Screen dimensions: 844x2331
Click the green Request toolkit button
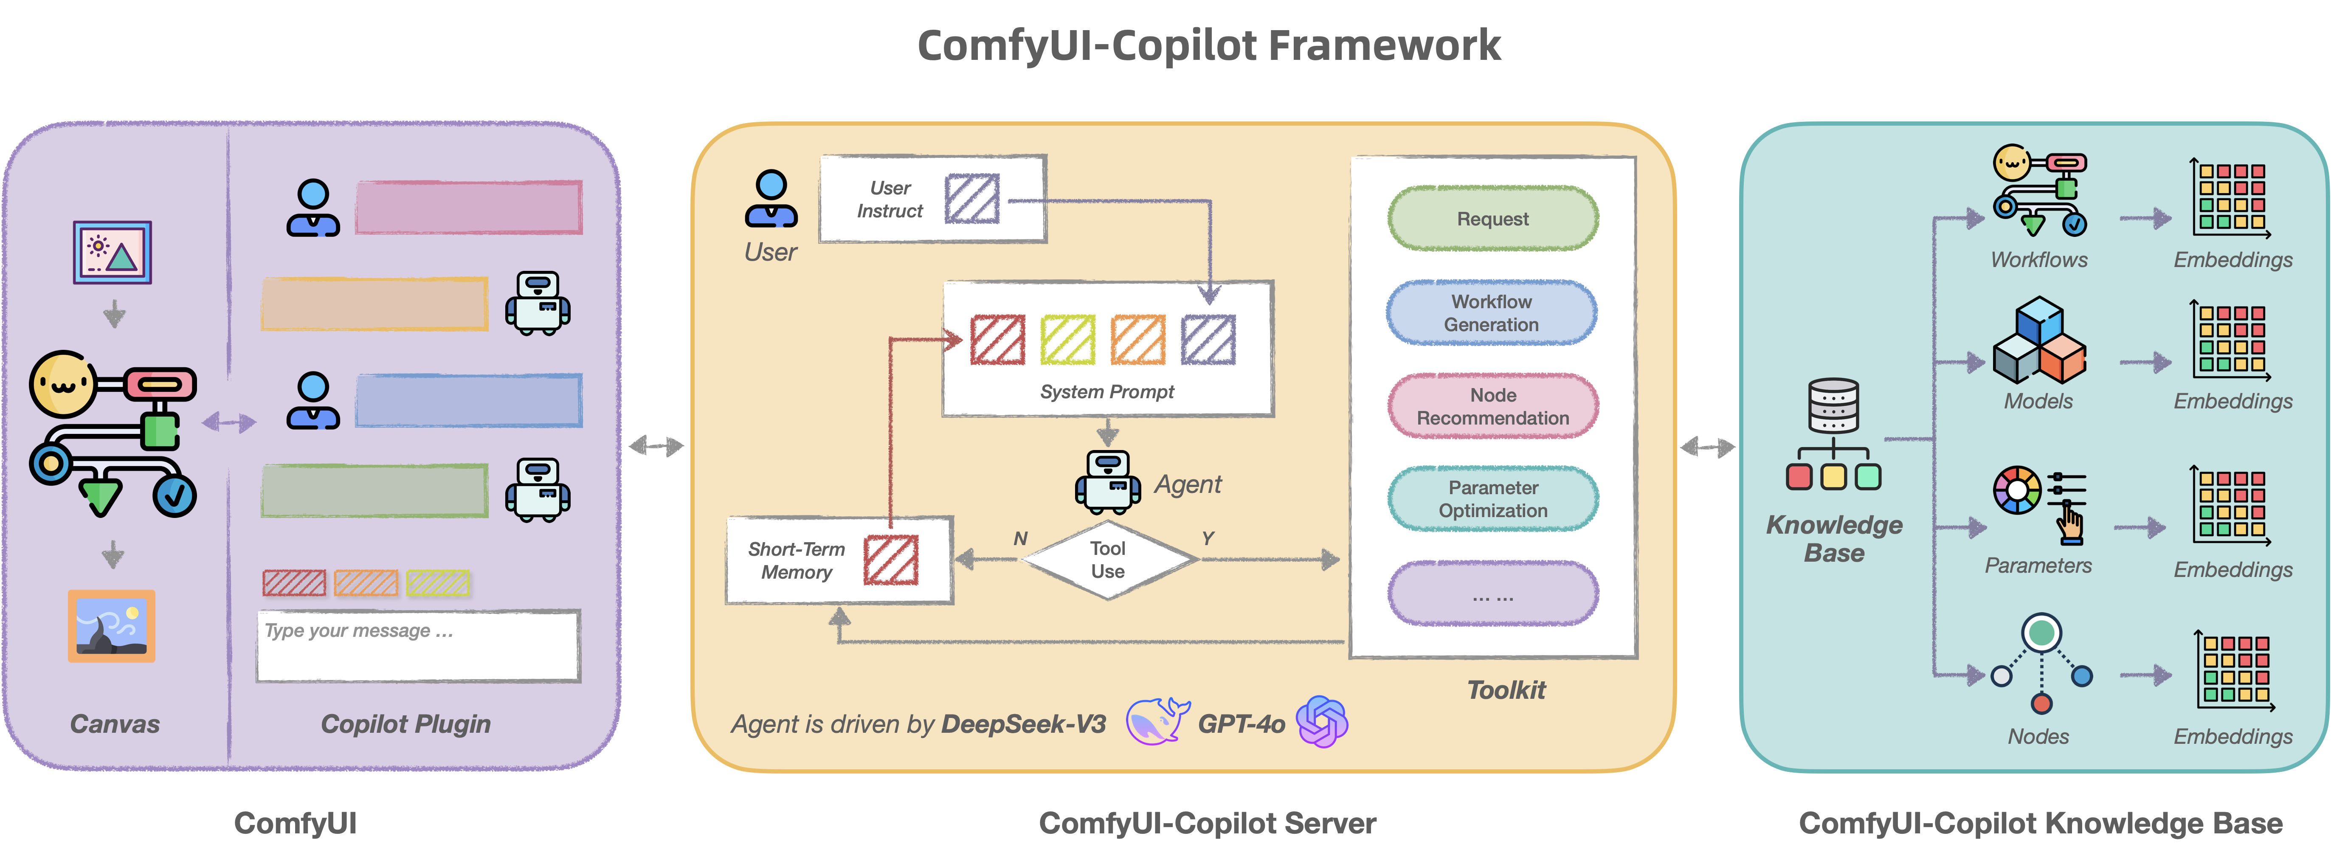click(1492, 219)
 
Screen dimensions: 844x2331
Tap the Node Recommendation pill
click(1492, 406)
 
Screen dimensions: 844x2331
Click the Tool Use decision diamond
click(1108, 560)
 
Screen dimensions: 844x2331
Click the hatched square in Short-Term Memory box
click(890, 560)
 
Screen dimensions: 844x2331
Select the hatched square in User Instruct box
click(972, 198)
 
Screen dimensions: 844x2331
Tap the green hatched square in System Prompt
click(1068, 340)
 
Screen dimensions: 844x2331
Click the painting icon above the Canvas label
click(111, 626)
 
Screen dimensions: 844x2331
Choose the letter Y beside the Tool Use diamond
click(1207, 538)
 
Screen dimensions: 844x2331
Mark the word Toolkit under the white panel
click(1506, 690)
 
